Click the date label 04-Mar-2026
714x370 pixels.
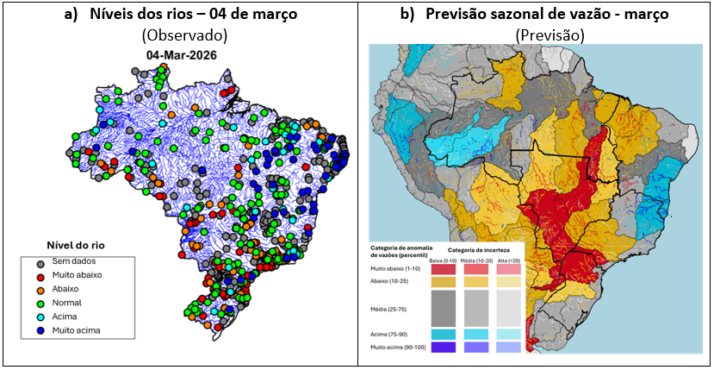[181, 55]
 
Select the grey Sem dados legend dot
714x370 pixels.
[40, 262]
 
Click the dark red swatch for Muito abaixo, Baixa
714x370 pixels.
[443, 269]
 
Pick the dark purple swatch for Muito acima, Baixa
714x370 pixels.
[443, 348]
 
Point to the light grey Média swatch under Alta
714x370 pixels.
[509, 308]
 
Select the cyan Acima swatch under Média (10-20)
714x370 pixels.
[475, 334]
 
